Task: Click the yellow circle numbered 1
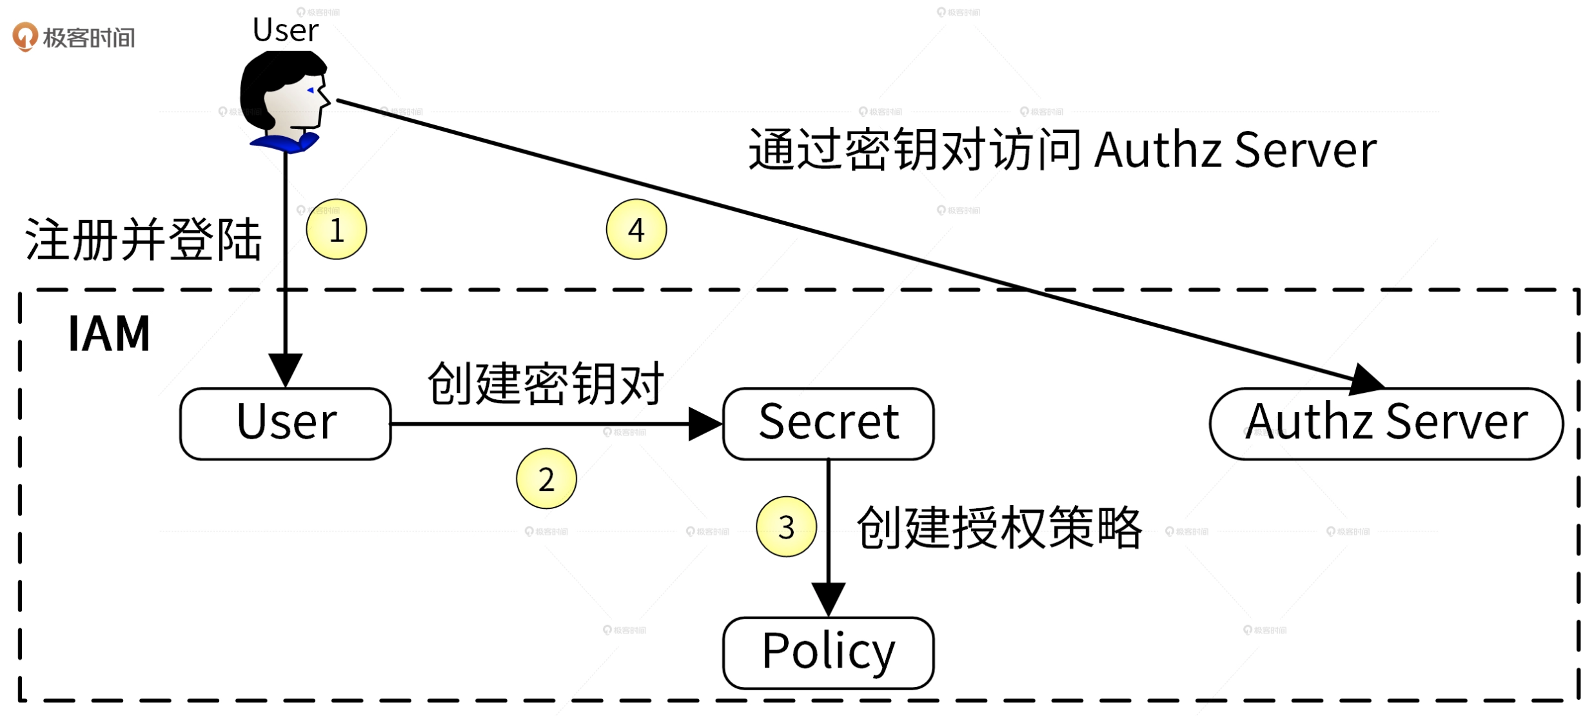336,230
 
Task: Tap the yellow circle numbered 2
546,479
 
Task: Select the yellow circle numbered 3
786,527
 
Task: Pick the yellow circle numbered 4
636,230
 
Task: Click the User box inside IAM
285,424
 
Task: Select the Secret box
828,424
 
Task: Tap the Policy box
828,653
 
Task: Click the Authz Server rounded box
1386,424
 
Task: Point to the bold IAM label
109,334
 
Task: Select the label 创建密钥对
546,384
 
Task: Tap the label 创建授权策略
999,528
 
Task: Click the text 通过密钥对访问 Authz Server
1061,150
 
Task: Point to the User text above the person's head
285,30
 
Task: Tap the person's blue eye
311,90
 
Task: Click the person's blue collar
284,143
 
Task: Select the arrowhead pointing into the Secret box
705,424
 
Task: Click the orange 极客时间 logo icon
25,36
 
